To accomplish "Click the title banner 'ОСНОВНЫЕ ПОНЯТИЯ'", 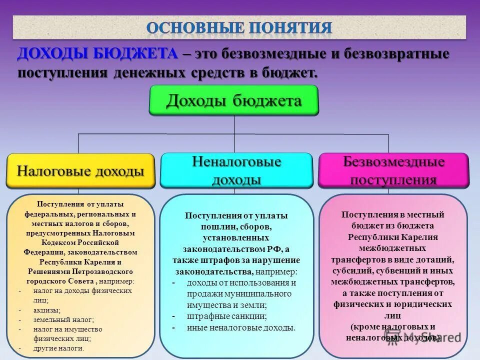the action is [239, 27].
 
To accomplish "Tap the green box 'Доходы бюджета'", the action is [234, 100].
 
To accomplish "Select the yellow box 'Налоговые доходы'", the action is [80, 171].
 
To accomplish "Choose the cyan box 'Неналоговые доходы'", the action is [236, 170].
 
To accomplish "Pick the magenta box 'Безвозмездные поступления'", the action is [393, 170].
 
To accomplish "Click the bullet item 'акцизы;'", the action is [45, 310].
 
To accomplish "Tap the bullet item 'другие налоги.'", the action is [59, 348].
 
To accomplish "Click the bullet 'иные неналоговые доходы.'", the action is [241, 328].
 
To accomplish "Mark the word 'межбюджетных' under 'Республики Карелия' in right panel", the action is [393, 248].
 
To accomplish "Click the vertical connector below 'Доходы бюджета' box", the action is [234, 125].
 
